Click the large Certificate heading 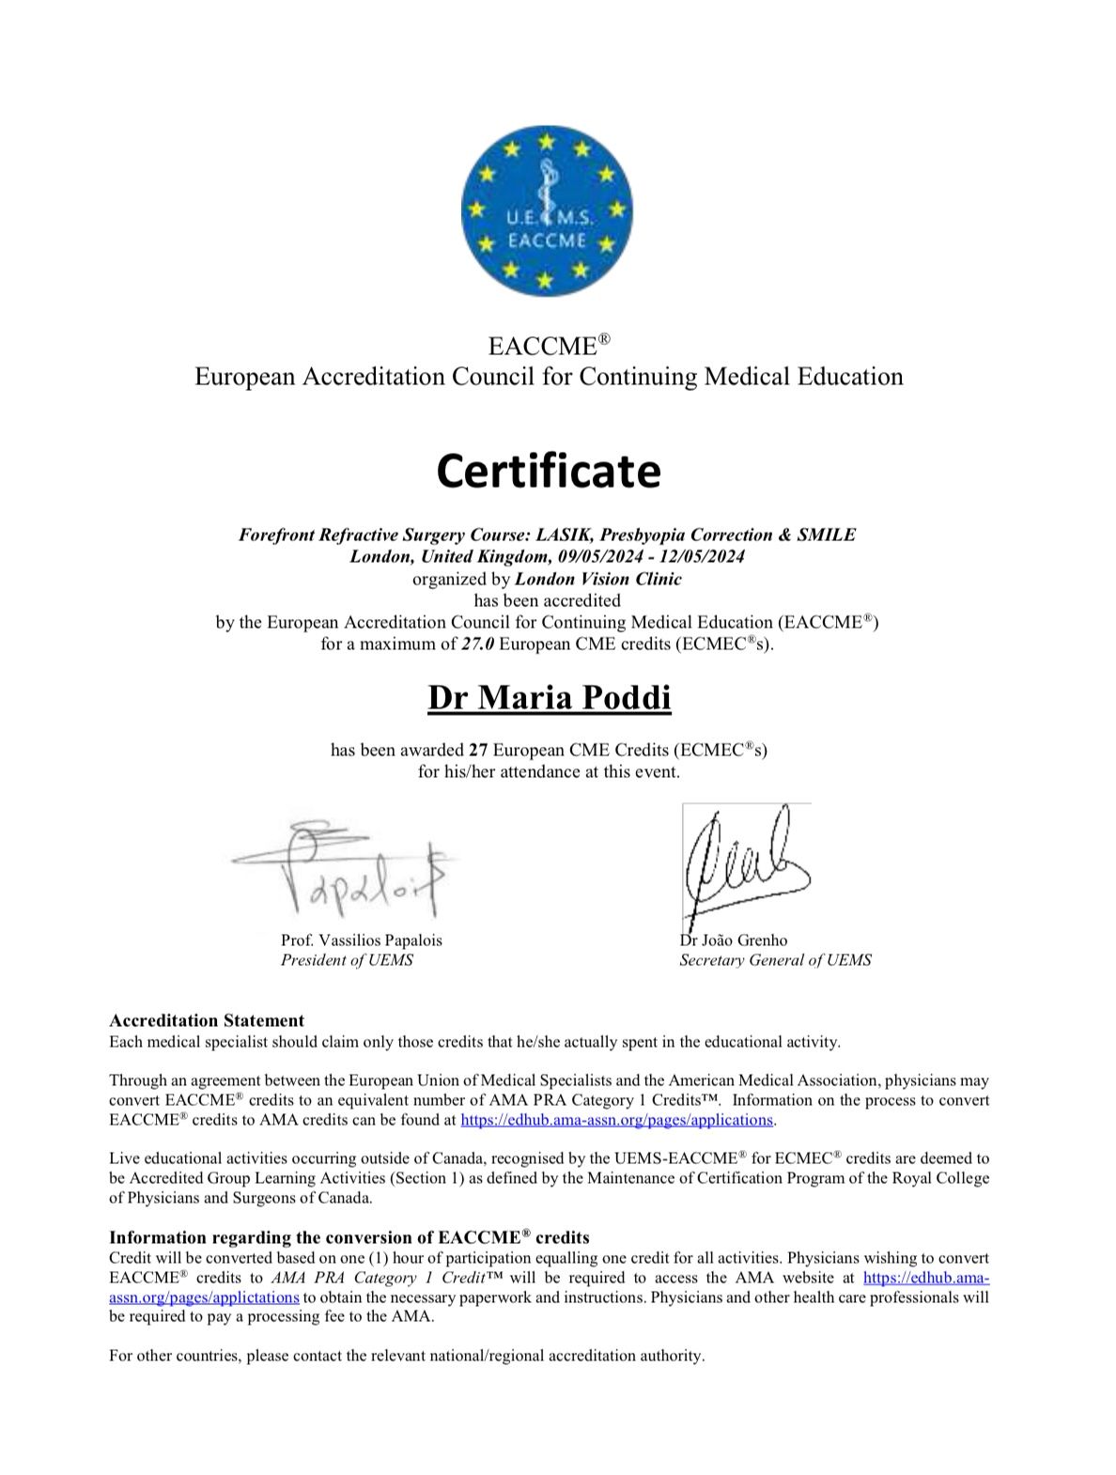(548, 471)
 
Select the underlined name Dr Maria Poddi (549, 697)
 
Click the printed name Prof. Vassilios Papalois (361, 939)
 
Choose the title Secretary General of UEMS (775, 960)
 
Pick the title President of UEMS (347, 960)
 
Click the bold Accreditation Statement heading (207, 1020)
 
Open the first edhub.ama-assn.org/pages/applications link (616, 1120)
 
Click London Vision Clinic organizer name (598, 579)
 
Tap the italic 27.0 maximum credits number (476, 644)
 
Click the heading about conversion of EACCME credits (349, 1237)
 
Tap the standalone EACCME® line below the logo (548, 346)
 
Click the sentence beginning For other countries (406, 1356)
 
